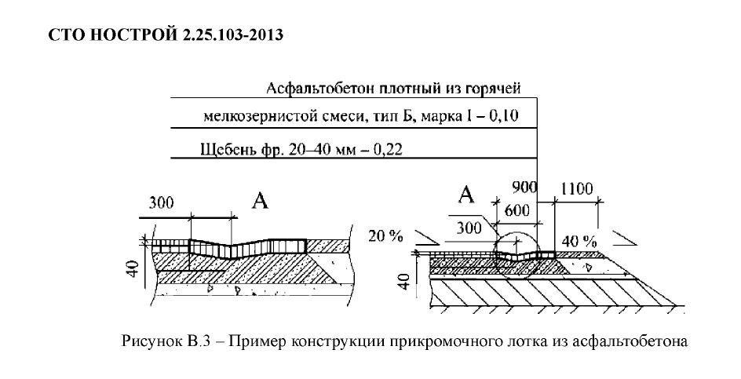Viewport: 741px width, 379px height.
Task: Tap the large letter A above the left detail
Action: coord(260,202)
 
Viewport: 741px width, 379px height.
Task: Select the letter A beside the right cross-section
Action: coord(466,195)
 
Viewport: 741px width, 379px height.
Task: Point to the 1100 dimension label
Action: coord(577,188)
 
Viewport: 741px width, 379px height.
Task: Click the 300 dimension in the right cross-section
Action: coord(469,228)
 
